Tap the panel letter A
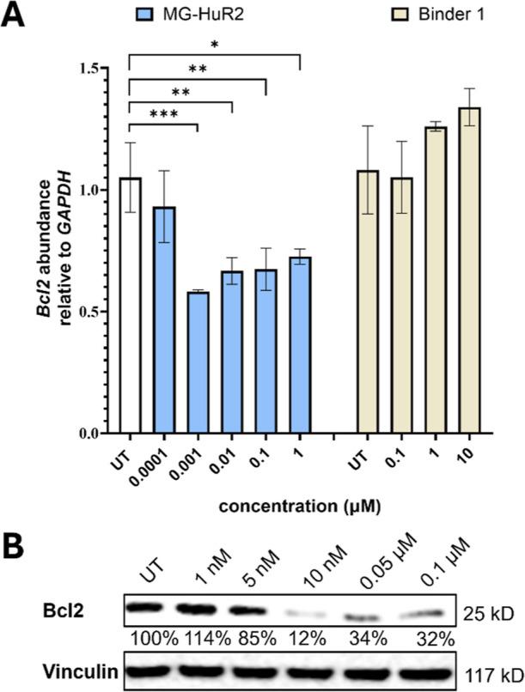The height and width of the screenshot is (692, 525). [14, 15]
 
